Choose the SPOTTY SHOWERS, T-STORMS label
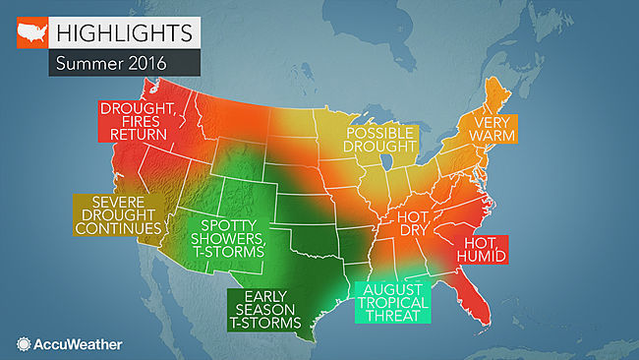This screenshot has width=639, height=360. (x=227, y=232)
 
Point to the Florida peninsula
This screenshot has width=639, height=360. (x=482, y=300)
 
